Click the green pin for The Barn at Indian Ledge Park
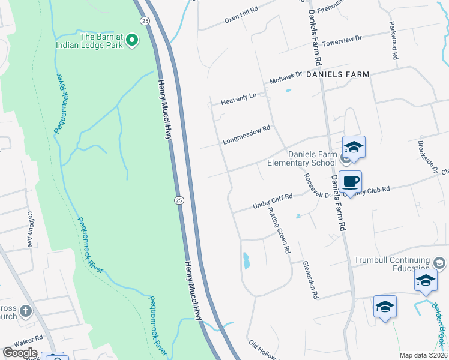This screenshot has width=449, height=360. pos(132,41)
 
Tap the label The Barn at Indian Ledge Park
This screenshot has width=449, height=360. pos(89,40)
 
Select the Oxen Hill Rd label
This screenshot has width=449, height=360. pos(241,15)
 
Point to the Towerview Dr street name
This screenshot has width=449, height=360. pos(342,40)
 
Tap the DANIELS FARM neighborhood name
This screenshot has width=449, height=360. pos(337,74)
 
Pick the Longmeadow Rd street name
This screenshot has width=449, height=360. pos(247,135)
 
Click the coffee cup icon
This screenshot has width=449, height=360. pos(350,181)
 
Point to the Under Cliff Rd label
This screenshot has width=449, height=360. pos(273,200)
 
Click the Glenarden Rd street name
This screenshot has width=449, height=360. pos(310,280)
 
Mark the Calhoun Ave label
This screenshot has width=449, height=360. pos(29,230)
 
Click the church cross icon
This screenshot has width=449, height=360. pos(25,311)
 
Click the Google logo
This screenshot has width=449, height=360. pos(20,353)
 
